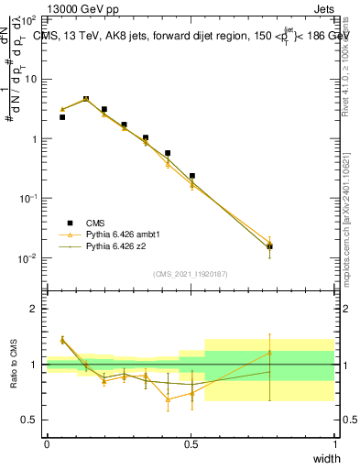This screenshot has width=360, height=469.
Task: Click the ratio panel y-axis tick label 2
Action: (35, 310)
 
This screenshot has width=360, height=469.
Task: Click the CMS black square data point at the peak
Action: (86, 99)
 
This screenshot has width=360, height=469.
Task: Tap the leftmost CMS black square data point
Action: (62, 117)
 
